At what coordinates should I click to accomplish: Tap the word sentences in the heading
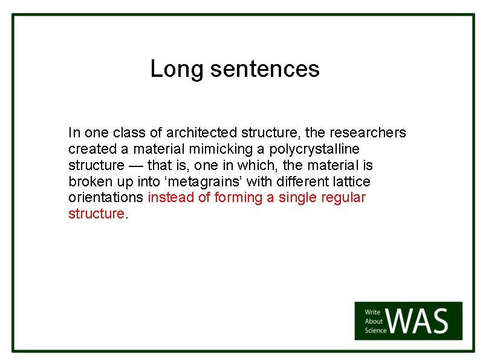pyautogui.click(x=265, y=70)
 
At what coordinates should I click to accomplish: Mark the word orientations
pyautogui.click(x=106, y=198)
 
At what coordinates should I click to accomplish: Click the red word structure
pyautogui.click(x=96, y=214)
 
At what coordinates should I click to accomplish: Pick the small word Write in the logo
pyautogui.click(x=372, y=313)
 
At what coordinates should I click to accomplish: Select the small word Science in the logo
pyautogui.click(x=375, y=330)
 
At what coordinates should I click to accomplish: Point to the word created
pyautogui.click(x=91, y=149)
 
